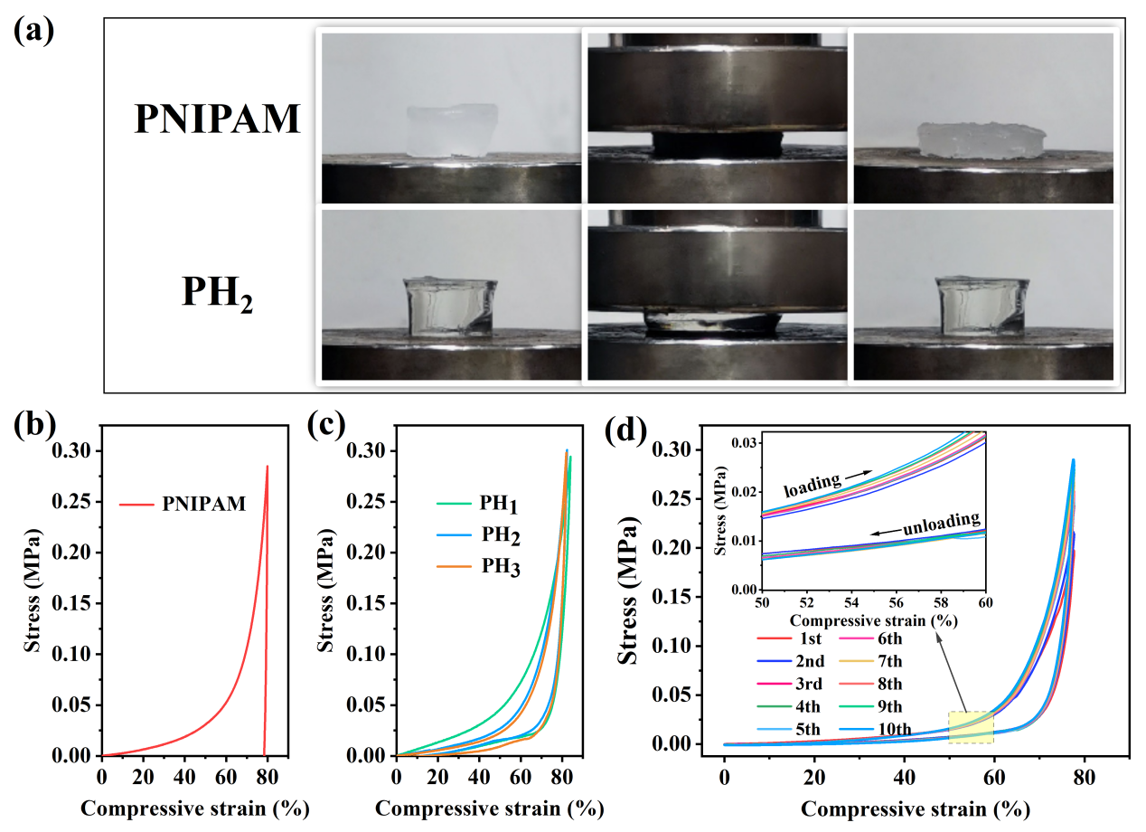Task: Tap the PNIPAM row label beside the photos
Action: (217, 118)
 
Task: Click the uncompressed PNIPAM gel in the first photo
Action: (452, 129)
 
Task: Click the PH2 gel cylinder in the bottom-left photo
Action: (449, 307)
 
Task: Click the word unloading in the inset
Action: (944, 521)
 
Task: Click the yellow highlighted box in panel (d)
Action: (970, 727)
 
